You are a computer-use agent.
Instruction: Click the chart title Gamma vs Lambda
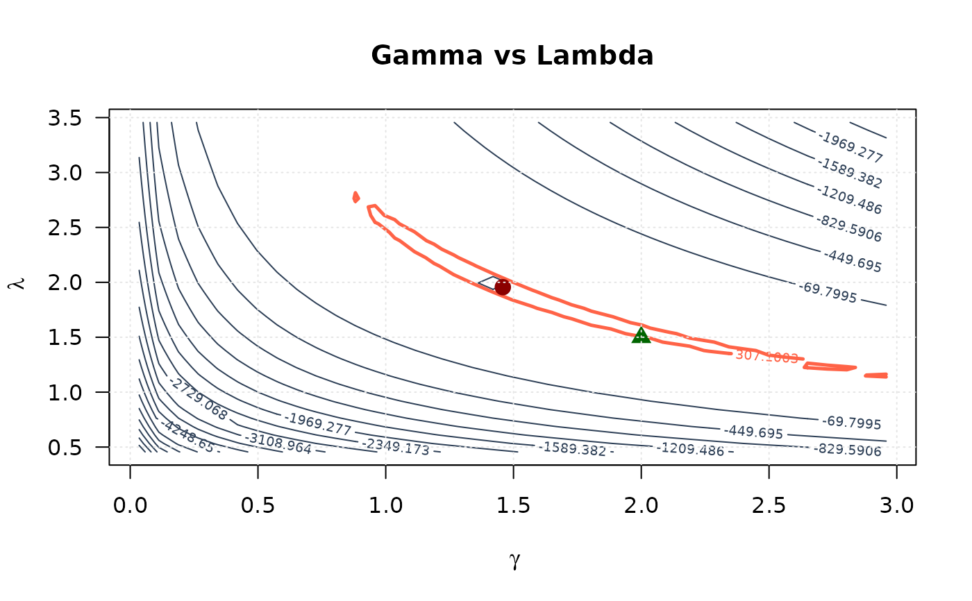(x=512, y=56)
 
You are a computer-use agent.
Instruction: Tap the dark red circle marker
(x=503, y=287)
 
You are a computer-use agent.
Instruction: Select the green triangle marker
(x=641, y=336)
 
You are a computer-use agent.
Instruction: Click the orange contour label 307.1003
(x=766, y=356)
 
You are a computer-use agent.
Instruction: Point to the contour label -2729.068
(x=199, y=398)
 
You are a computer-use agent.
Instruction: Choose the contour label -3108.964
(x=278, y=442)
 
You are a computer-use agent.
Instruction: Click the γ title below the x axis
(x=514, y=560)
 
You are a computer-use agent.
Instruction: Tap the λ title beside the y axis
(x=19, y=283)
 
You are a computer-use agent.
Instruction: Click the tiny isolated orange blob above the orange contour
(x=356, y=197)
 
